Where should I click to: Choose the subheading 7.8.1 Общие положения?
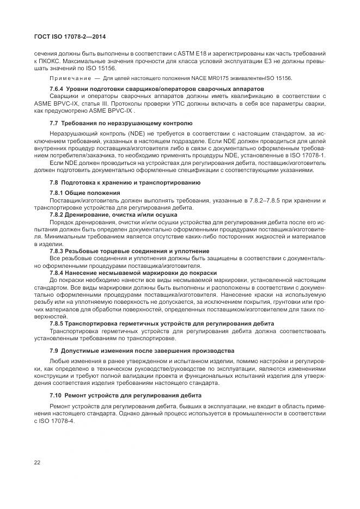point(84,193)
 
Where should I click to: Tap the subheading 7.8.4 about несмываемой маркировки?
point(133,272)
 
